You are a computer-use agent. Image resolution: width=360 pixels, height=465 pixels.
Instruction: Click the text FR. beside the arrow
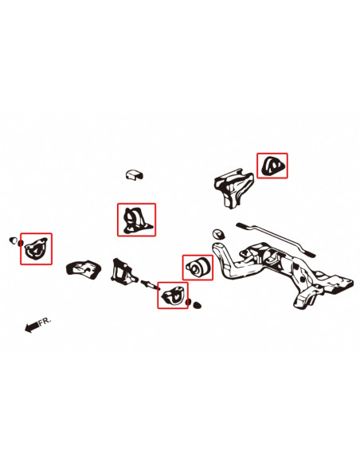coord(45,322)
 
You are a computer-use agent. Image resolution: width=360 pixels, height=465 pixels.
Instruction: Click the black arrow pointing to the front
coord(32,326)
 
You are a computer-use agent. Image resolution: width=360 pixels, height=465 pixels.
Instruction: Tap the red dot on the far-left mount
coord(22,242)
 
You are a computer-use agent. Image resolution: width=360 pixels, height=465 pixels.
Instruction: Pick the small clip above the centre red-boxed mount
coord(133,174)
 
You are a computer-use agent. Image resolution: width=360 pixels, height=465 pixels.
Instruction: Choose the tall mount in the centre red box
coord(135,220)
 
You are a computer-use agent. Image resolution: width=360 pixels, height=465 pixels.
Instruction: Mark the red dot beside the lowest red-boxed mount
coord(187,303)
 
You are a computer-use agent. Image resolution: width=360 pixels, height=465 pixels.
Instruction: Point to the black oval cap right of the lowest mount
coord(197,304)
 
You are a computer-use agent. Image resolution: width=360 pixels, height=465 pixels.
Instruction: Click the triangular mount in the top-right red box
coord(272,166)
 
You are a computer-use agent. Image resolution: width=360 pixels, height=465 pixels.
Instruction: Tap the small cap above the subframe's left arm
coord(217,234)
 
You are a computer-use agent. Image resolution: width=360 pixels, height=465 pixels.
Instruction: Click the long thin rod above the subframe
coord(271,236)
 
